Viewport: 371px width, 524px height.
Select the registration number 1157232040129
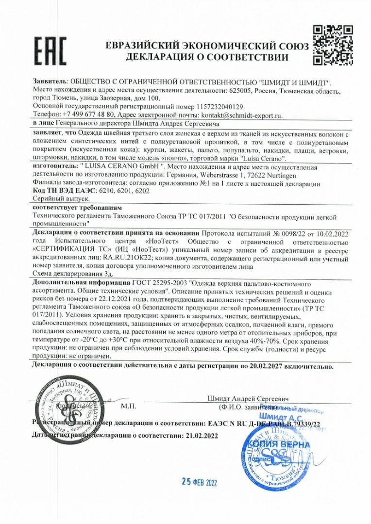(221, 106)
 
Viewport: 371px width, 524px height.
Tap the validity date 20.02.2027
(264, 367)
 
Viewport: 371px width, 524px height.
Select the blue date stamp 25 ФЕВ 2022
(199, 482)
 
